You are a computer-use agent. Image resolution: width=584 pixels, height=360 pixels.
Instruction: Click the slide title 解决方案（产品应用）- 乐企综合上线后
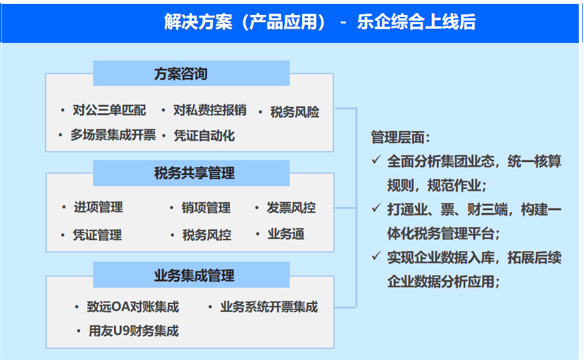click(320, 21)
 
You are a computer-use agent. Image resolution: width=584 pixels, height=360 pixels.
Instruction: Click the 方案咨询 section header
click(191, 74)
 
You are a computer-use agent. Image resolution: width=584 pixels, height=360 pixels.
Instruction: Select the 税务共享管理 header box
click(191, 173)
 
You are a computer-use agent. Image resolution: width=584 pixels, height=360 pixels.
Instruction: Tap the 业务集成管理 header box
click(191, 275)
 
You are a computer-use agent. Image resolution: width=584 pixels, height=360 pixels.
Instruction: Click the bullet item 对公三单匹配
click(109, 110)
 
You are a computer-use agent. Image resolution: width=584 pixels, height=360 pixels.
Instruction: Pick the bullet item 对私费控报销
click(210, 110)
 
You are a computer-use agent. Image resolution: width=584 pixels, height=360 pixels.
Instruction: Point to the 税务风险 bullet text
click(295, 112)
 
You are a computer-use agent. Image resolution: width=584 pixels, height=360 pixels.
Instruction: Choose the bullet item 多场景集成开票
click(113, 135)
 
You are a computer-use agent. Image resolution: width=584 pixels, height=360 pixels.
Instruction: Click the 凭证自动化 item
click(204, 135)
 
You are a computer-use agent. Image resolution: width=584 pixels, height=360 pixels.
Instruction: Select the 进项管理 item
click(98, 208)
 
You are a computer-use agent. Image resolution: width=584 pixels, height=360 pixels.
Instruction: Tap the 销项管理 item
click(206, 208)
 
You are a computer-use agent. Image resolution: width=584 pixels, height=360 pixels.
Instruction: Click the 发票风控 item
click(291, 208)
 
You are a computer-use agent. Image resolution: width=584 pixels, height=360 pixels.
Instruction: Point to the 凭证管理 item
click(97, 235)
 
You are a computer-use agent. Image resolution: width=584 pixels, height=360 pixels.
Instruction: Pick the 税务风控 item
click(206, 235)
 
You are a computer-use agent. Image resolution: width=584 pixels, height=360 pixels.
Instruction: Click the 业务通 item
click(286, 234)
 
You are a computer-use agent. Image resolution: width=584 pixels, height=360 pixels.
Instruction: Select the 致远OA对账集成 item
click(133, 307)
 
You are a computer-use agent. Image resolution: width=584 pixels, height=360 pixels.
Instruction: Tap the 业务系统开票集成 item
click(269, 307)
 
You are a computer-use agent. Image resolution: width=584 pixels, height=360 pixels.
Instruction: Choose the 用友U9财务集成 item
click(133, 331)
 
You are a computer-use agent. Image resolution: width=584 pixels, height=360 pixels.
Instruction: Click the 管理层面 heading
click(400, 137)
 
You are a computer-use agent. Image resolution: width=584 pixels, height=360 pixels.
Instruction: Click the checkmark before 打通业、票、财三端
click(376, 208)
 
